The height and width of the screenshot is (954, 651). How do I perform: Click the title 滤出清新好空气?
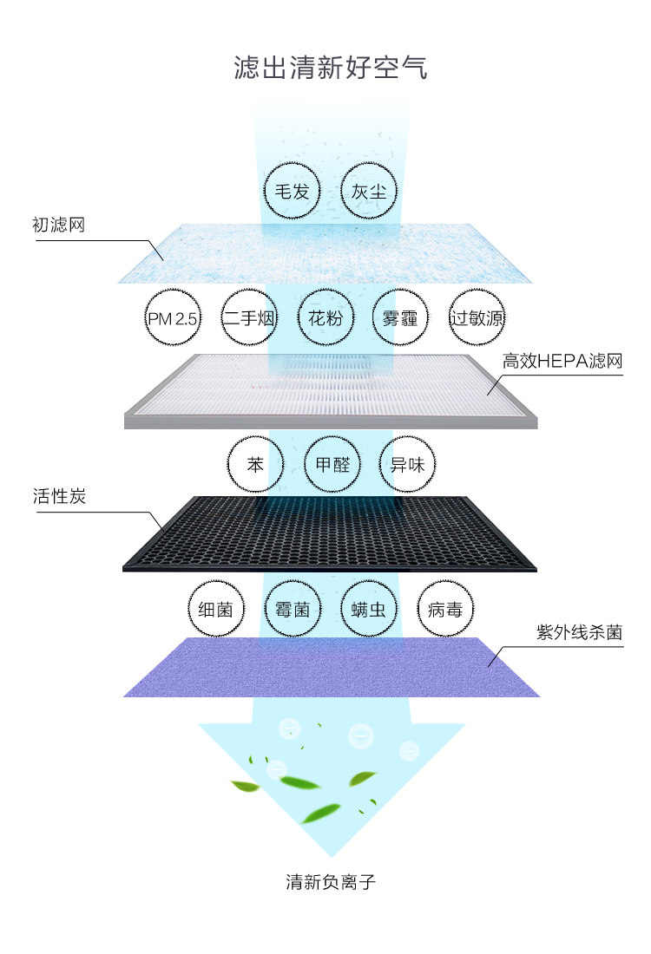click(331, 68)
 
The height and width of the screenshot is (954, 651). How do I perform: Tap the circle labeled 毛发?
click(292, 191)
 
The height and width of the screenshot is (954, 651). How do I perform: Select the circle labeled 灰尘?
click(369, 191)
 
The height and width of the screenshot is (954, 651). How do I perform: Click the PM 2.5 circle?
click(172, 318)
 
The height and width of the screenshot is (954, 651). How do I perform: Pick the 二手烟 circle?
click(249, 318)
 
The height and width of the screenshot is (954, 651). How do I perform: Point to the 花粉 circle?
click(325, 318)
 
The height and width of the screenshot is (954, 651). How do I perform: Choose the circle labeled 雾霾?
click(400, 318)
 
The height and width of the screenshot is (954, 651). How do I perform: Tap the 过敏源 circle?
click(477, 318)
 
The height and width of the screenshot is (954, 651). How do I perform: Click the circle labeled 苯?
click(255, 464)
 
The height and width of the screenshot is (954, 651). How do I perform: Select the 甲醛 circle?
click(332, 464)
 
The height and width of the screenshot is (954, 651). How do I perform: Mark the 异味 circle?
click(407, 464)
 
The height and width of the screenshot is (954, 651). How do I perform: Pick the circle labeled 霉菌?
click(292, 610)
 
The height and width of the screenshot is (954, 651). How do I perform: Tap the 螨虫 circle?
click(369, 610)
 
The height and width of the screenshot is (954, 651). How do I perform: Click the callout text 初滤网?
click(58, 225)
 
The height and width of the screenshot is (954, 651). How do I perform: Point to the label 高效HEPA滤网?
click(563, 362)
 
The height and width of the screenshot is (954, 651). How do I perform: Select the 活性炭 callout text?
click(58, 498)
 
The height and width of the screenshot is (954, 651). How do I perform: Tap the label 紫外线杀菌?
click(579, 633)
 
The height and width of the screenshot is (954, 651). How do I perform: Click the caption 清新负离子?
click(331, 883)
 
